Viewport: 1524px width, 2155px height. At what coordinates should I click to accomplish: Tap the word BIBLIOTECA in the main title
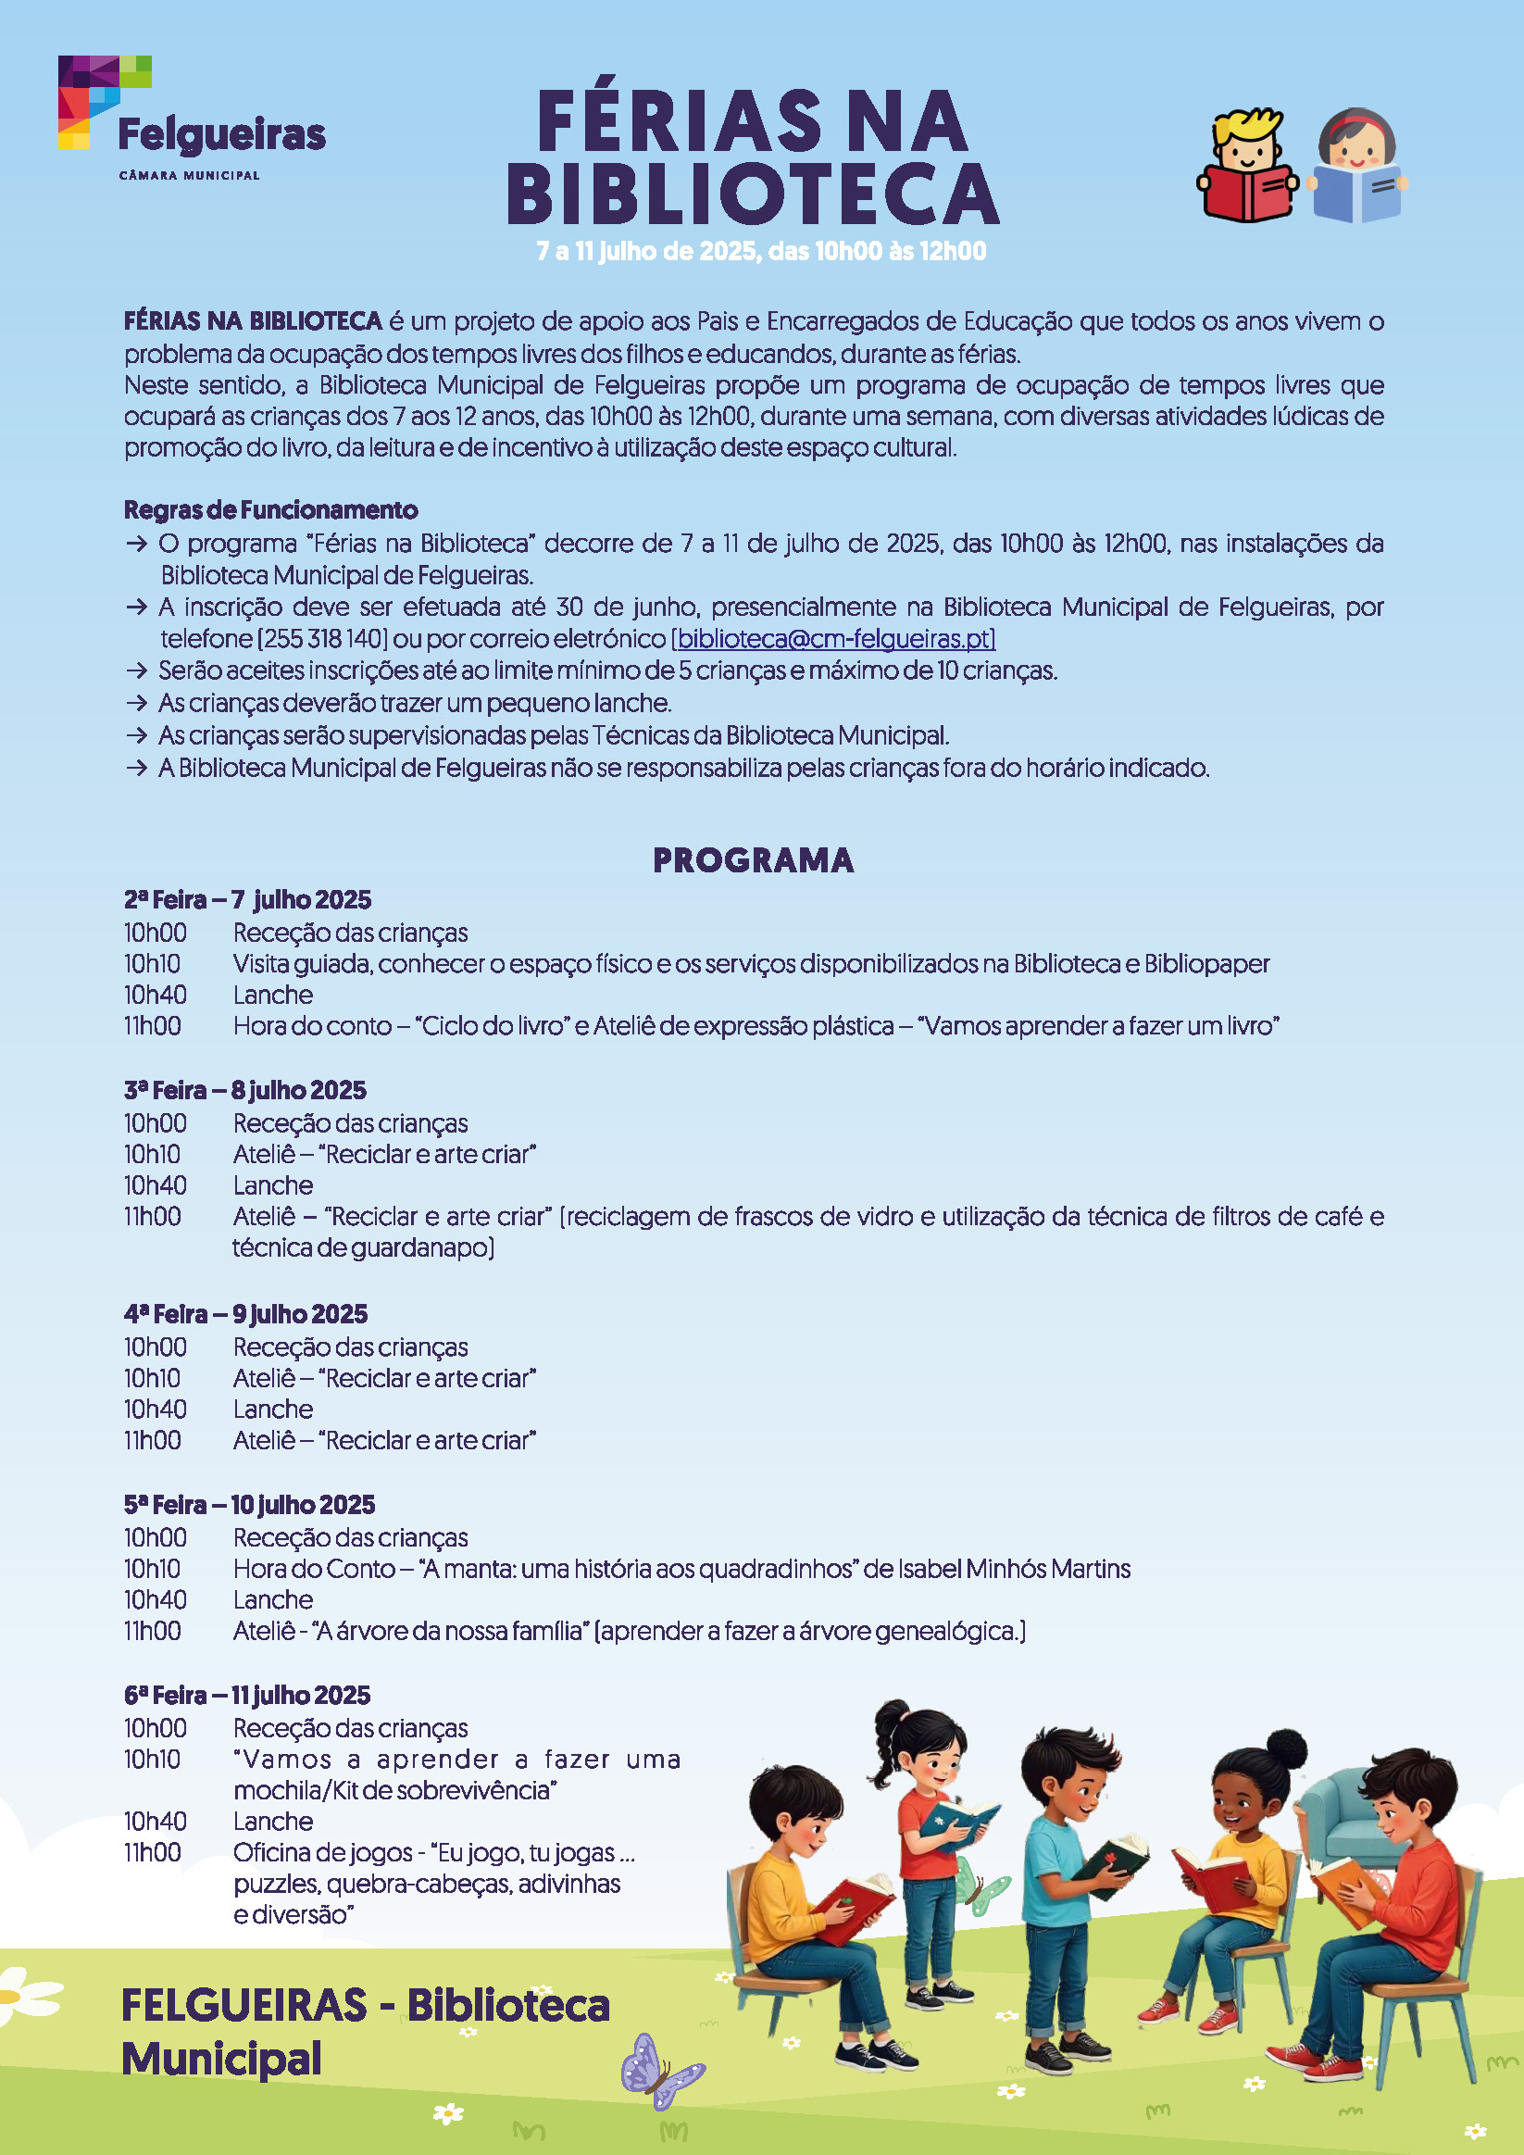pyautogui.click(x=753, y=195)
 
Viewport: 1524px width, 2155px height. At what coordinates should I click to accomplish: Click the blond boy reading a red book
pyautogui.click(x=1246, y=166)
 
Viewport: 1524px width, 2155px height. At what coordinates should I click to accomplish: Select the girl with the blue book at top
pyautogui.click(x=1357, y=167)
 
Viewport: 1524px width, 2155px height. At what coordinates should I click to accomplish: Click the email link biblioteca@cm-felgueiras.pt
pyautogui.click(x=833, y=639)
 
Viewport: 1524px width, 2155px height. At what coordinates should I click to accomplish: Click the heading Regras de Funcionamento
pyautogui.click(x=271, y=509)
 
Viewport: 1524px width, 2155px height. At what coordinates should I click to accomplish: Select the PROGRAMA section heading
pyautogui.click(x=753, y=859)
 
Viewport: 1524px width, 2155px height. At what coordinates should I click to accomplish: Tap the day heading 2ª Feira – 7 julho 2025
pyautogui.click(x=248, y=900)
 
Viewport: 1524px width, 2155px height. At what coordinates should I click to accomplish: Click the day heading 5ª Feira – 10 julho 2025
pyautogui.click(x=250, y=1505)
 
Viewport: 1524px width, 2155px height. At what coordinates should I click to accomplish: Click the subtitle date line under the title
pyautogui.click(x=761, y=252)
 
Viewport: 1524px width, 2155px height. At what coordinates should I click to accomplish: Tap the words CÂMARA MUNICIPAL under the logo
pyautogui.click(x=189, y=176)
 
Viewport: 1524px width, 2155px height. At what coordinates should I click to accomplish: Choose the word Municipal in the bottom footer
pyautogui.click(x=221, y=2060)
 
